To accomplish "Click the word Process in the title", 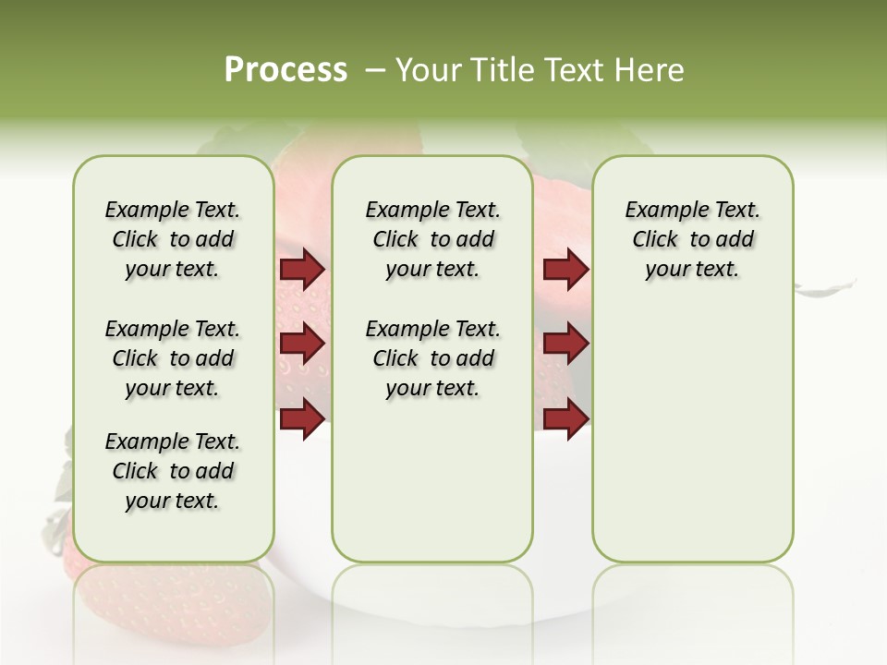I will pyautogui.click(x=286, y=69).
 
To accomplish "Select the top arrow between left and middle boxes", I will pyautogui.click(x=302, y=270).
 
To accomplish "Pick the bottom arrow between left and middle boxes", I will pyautogui.click(x=302, y=418).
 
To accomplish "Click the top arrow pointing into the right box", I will pyautogui.click(x=565, y=270).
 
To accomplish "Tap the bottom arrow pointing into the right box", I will pyautogui.click(x=565, y=418).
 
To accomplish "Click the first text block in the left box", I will pyautogui.click(x=173, y=239).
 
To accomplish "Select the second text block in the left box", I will pyautogui.click(x=173, y=358).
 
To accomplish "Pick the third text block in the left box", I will pyautogui.click(x=173, y=471).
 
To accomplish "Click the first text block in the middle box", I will pyautogui.click(x=433, y=239).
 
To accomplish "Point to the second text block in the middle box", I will pyautogui.click(x=433, y=358).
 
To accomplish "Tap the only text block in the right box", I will pyautogui.click(x=693, y=239).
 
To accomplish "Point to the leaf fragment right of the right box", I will pyautogui.click(x=825, y=288).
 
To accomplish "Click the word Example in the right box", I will pyautogui.click(x=658, y=211).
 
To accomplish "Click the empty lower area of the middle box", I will pyautogui.click(x=433, y=480).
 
